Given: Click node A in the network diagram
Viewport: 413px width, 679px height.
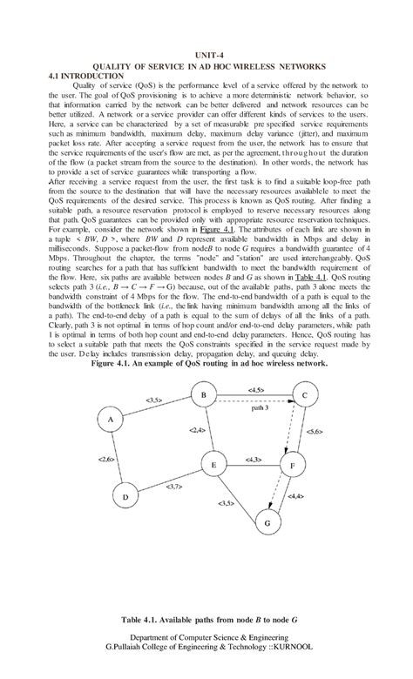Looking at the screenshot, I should point(111,420).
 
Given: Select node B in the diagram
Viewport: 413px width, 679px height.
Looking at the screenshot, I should point(203,396).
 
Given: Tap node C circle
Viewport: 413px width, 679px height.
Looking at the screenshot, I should point(305,396).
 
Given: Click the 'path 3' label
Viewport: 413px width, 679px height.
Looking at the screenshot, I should point(261,407).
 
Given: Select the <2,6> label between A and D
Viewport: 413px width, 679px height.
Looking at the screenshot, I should point(107,459).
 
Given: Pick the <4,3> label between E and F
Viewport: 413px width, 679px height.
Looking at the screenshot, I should point(254,459).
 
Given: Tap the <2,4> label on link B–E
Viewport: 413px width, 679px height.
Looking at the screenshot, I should point(197,430).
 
